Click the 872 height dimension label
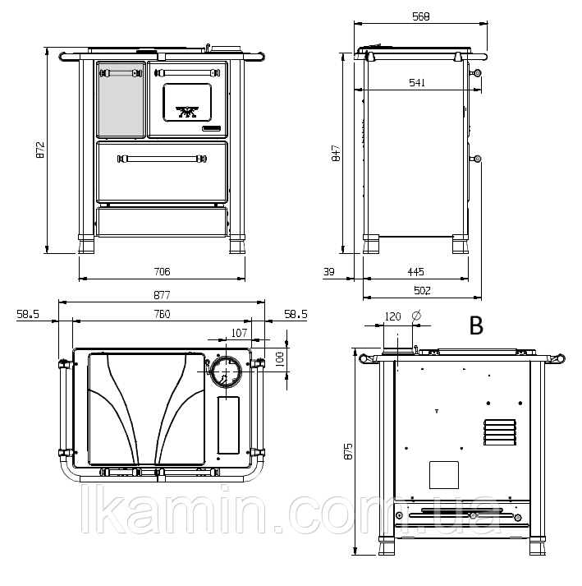pos(40,150)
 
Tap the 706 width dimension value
pos(162,271)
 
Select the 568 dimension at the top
pos(421,16)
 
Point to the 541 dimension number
pos(417,82)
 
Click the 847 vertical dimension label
pos(336,153)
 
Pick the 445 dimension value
pos(415,272)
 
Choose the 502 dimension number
pos(422,290)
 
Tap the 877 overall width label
pos(162,295)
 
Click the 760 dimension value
pos(162,314)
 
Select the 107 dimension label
pos(239,333)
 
